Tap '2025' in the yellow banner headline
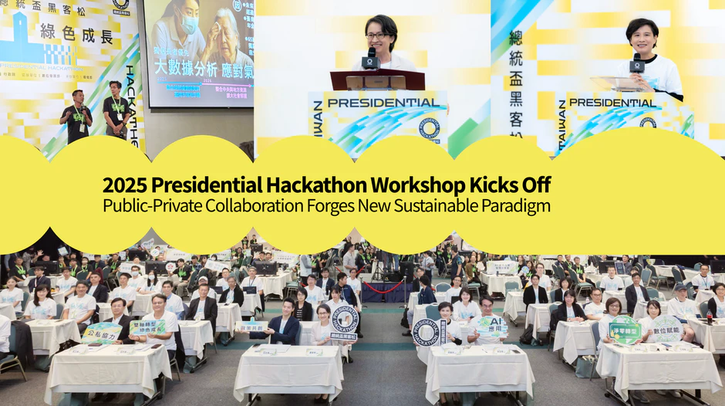click(x=124, y=186)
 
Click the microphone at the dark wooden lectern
click(x=371, y=60)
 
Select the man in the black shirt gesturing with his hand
click(x=76, y=117)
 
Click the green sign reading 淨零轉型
click(x=625, y=330)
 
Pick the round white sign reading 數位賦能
click(x=666, y=327)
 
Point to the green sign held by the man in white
click(x=147, y=326)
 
